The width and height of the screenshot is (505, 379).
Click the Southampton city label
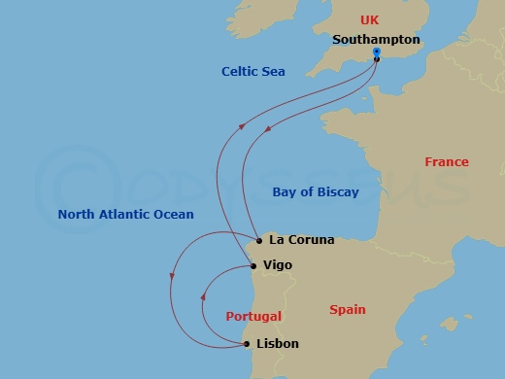coord(376,41)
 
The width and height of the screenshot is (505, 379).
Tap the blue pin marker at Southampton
coord(376,53)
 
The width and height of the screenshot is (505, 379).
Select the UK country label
coord(369,19)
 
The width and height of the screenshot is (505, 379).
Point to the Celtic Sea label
coord(253,72)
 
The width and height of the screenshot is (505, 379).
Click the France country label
coord(447,162)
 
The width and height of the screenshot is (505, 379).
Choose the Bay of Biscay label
coord(316,192)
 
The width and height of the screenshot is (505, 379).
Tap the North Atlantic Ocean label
coord(125,215)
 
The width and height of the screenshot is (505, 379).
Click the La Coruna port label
coord(301,239)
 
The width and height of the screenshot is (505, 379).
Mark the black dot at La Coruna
coord(259,240)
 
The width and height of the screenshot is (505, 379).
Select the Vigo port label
coord(278,264)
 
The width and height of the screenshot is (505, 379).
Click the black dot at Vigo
coord(253,265)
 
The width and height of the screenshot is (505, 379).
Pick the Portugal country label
coord(253,317)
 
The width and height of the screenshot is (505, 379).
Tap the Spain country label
coord(348,310)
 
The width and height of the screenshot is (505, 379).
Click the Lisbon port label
coord(278,344)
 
